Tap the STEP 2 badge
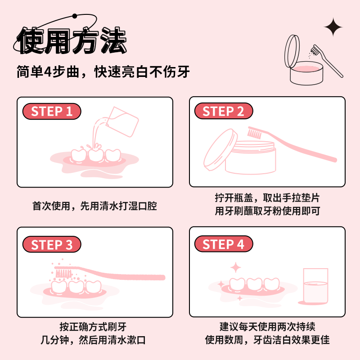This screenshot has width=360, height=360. click(223, 112)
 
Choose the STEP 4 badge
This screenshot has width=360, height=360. click(223, 244)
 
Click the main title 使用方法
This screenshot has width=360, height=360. click(72, 41)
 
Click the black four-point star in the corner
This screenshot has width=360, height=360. click(333, 28)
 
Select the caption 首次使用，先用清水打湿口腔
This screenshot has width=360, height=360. click(94, 206)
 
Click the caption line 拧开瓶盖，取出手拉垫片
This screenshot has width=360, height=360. click(267, 198)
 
